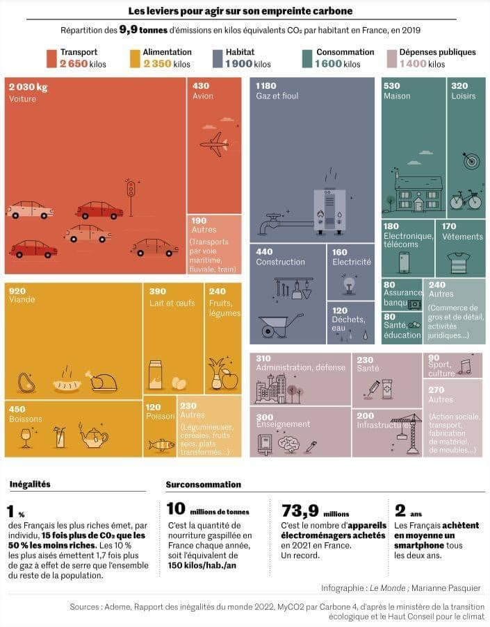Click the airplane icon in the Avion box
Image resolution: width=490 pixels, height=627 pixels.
[x=213, y=144]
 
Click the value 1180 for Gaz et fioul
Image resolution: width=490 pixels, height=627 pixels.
[x=266, y=86]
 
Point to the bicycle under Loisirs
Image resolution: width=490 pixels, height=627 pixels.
[x=465, y=200]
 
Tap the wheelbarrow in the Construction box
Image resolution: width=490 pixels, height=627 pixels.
[x=281, y=324]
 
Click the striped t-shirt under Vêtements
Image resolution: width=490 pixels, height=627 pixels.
[x=458, y=262]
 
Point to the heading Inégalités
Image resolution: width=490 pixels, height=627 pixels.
[x=30, y=484]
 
